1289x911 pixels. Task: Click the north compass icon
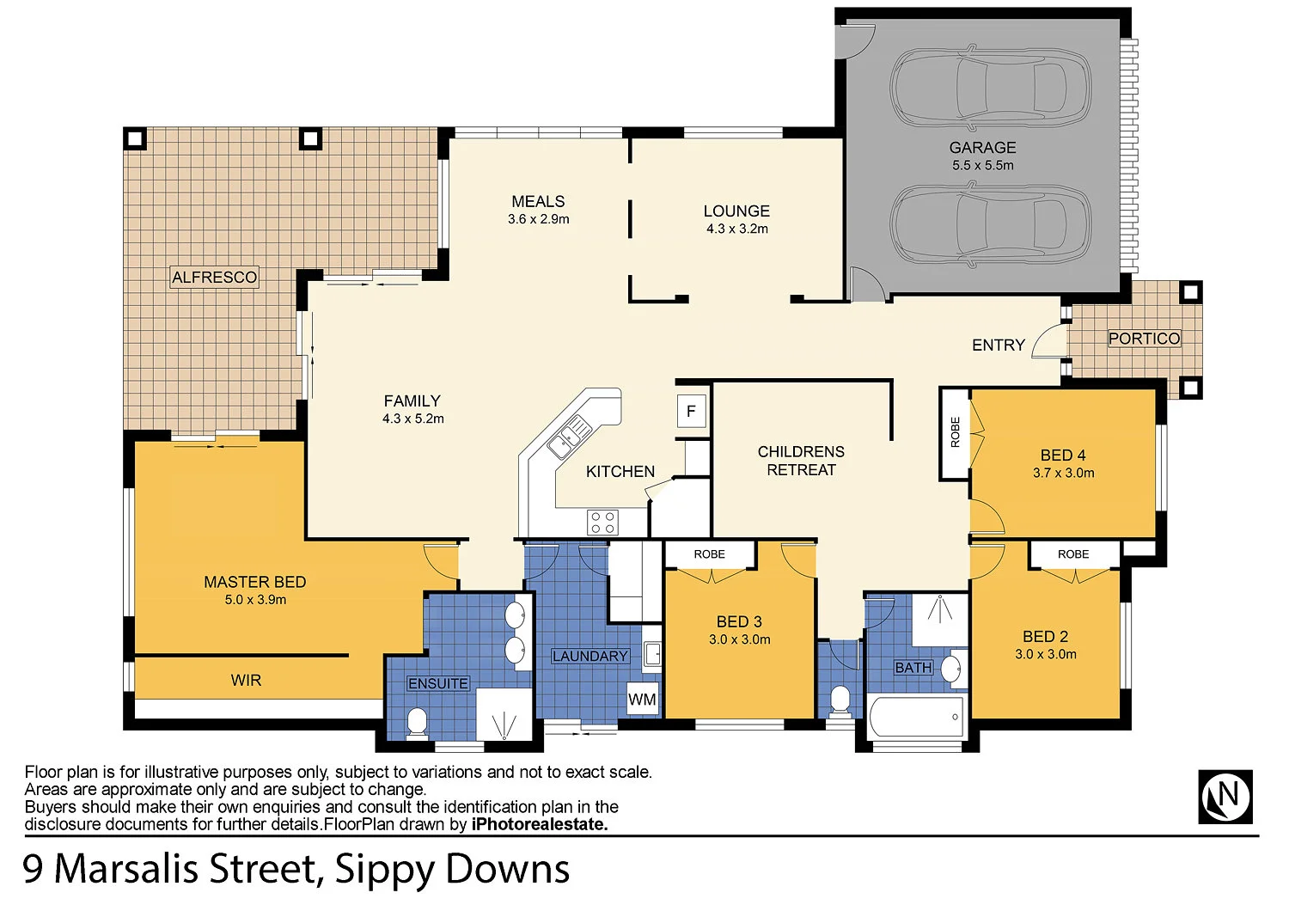1225,797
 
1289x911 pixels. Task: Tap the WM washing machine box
642,699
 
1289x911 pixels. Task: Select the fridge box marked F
691,411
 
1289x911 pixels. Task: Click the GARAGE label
982,148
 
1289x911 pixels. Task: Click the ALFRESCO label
214,277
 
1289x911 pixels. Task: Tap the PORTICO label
1144,339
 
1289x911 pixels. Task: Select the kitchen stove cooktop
602,523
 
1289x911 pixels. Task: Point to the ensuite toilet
417,722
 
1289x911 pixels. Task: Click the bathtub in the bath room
916,717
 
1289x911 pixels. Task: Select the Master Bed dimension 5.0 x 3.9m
255,600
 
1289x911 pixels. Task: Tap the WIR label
246,680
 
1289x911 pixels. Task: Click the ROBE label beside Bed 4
955,432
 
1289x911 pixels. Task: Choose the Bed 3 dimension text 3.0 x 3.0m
739,639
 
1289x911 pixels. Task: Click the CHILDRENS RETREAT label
801,461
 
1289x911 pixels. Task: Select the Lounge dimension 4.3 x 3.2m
736,229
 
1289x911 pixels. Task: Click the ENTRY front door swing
1049,342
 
